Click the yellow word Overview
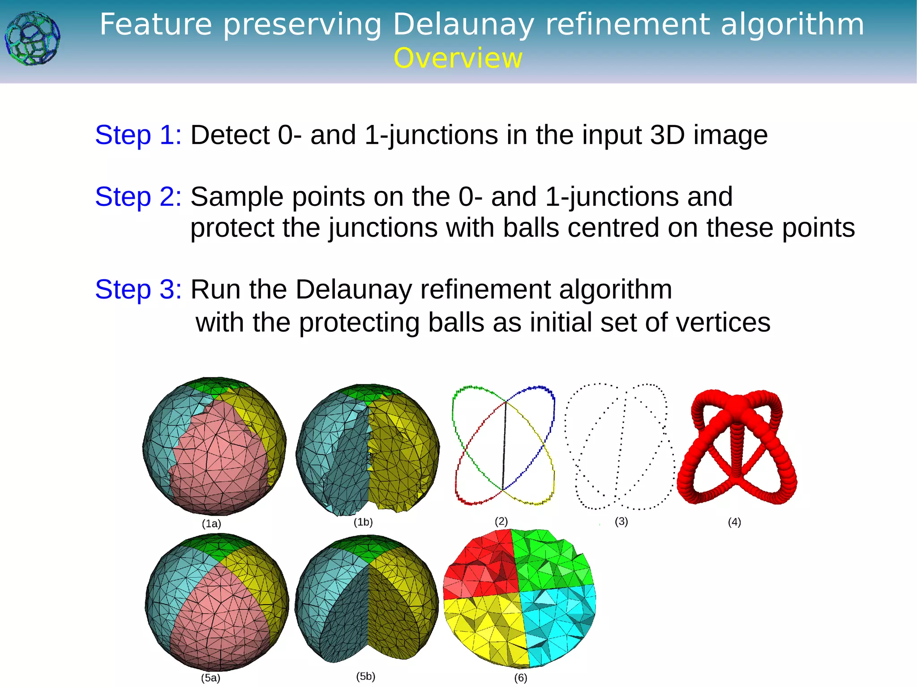pyautogui.click(x=458, y=58)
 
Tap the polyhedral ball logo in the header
pyautogui.click(x=32, y=38)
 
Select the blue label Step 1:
pyautogui.click(x=138, y=135)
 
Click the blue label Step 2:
pyautogui.click(x=138, y=196)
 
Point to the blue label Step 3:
pyautogui.click(x=138, y=289)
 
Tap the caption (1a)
pyautogui.click(x=211, y=523)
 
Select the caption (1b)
pyautogui.click(x=363, y=522)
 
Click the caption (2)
pyautogui.click(x=501, y=521)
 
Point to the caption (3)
pyautogui.click(x=621, y=521)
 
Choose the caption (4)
pyautogui.click(x=734, y=522)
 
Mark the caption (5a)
pyautogui.click(x=210, y=678)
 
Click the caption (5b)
pyautogui.click(x=365, y=676)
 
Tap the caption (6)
pyautogui.click(x=520, y=678)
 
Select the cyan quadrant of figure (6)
pyautogui.click(x=557, y=622)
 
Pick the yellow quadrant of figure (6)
pyautogui.click(x=484, y=627)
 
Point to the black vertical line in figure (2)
pyautogui.click(x=504, y=445)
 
